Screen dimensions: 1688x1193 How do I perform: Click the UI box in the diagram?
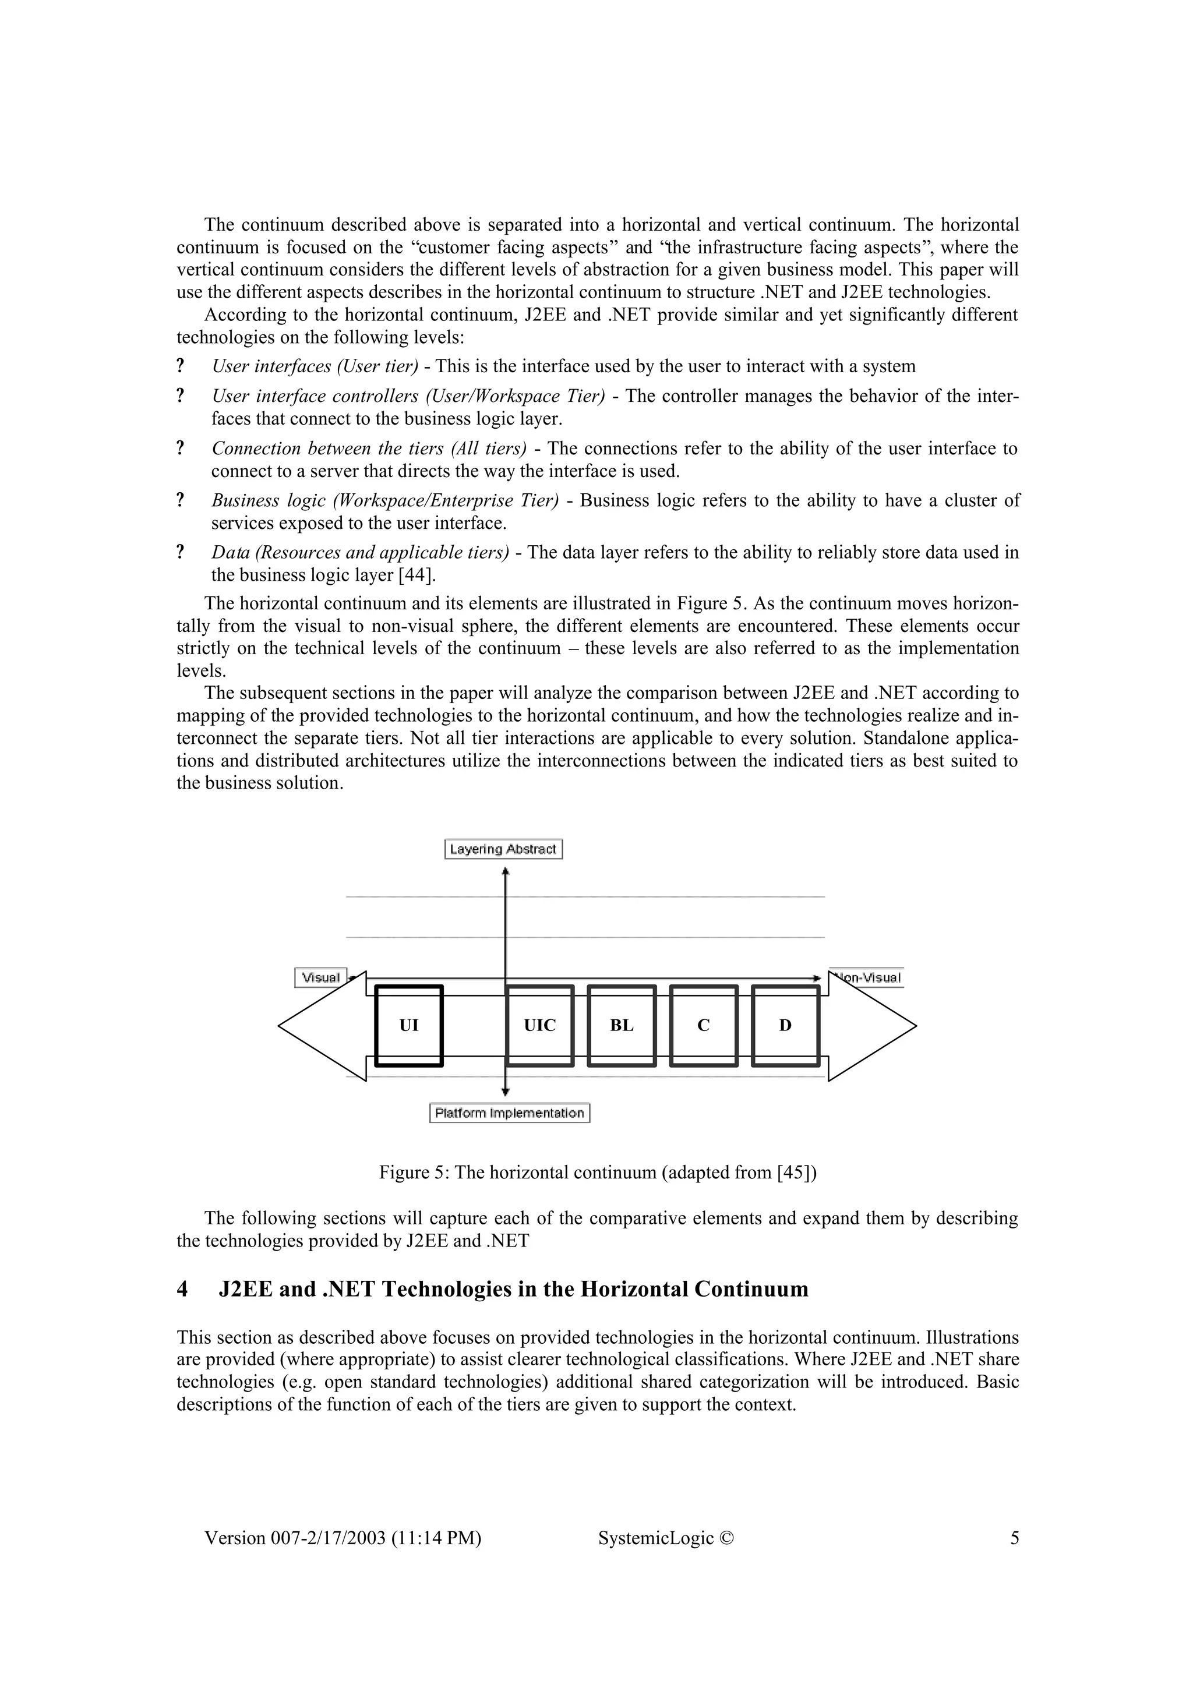[x=409, y=1026]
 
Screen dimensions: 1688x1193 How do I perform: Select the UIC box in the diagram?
[x=539, y=1026]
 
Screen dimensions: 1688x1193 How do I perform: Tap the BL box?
[x=622, y=1026]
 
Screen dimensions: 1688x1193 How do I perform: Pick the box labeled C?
[x=704, y=1026]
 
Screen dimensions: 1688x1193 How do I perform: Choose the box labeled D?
[x=785, y=1026]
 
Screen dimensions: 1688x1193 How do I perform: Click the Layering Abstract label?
[x=503, y=849]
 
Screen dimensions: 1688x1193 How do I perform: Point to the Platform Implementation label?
[x=509, y=1113]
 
